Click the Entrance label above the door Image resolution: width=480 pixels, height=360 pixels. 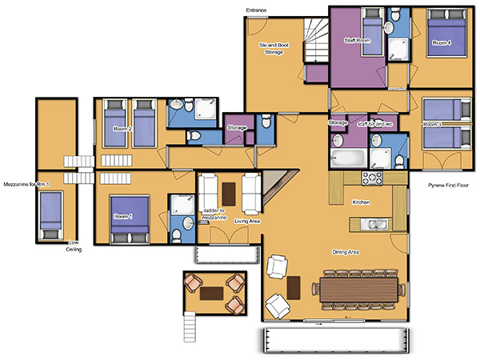tap(256, 10)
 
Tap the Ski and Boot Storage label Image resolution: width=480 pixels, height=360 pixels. tap(274, 49)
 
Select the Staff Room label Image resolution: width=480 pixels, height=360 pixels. tap(358, 41)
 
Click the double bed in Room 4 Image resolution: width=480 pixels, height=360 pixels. tap(446, 33)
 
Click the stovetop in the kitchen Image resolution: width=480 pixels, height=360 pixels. tap(372, 178)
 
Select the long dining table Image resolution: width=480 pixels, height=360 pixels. tap(358, 290)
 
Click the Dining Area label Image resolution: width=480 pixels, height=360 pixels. tap(346, 252)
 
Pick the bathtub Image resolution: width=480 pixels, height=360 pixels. tap(348, 158)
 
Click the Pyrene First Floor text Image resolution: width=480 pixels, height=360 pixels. tap(448, 186)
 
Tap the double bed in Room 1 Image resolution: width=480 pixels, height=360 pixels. tap(130, 219)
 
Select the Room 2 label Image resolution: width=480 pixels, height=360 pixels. tap(122, 129)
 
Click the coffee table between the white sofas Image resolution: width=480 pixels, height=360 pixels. tap(229, 194)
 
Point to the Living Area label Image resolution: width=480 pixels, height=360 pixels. tap(247, 221)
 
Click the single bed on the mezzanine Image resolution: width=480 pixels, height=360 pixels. tap(51, 216)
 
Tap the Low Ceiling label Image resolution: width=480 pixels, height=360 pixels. tap(74, 246)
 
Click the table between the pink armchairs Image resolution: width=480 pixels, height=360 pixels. tap(211, 294)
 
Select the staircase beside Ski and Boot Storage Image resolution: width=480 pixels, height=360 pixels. tap(316, 41)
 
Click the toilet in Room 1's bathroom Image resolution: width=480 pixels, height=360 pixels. tap(176, 236)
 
